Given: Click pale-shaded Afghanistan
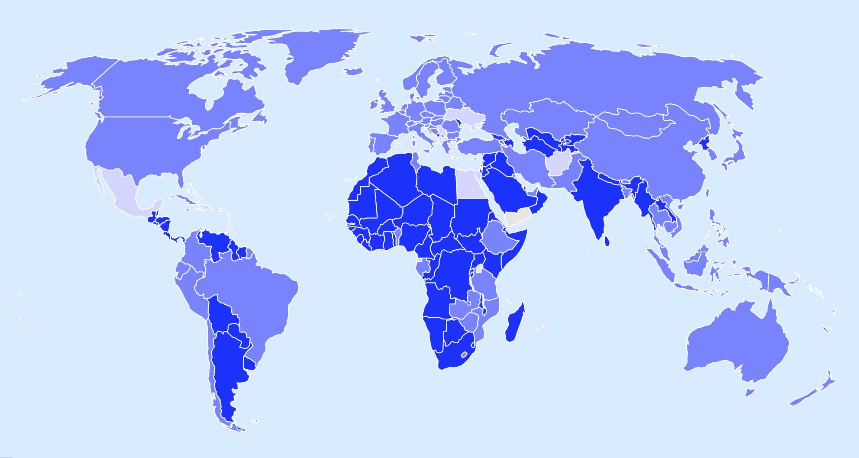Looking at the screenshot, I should (x=559, y=165).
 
